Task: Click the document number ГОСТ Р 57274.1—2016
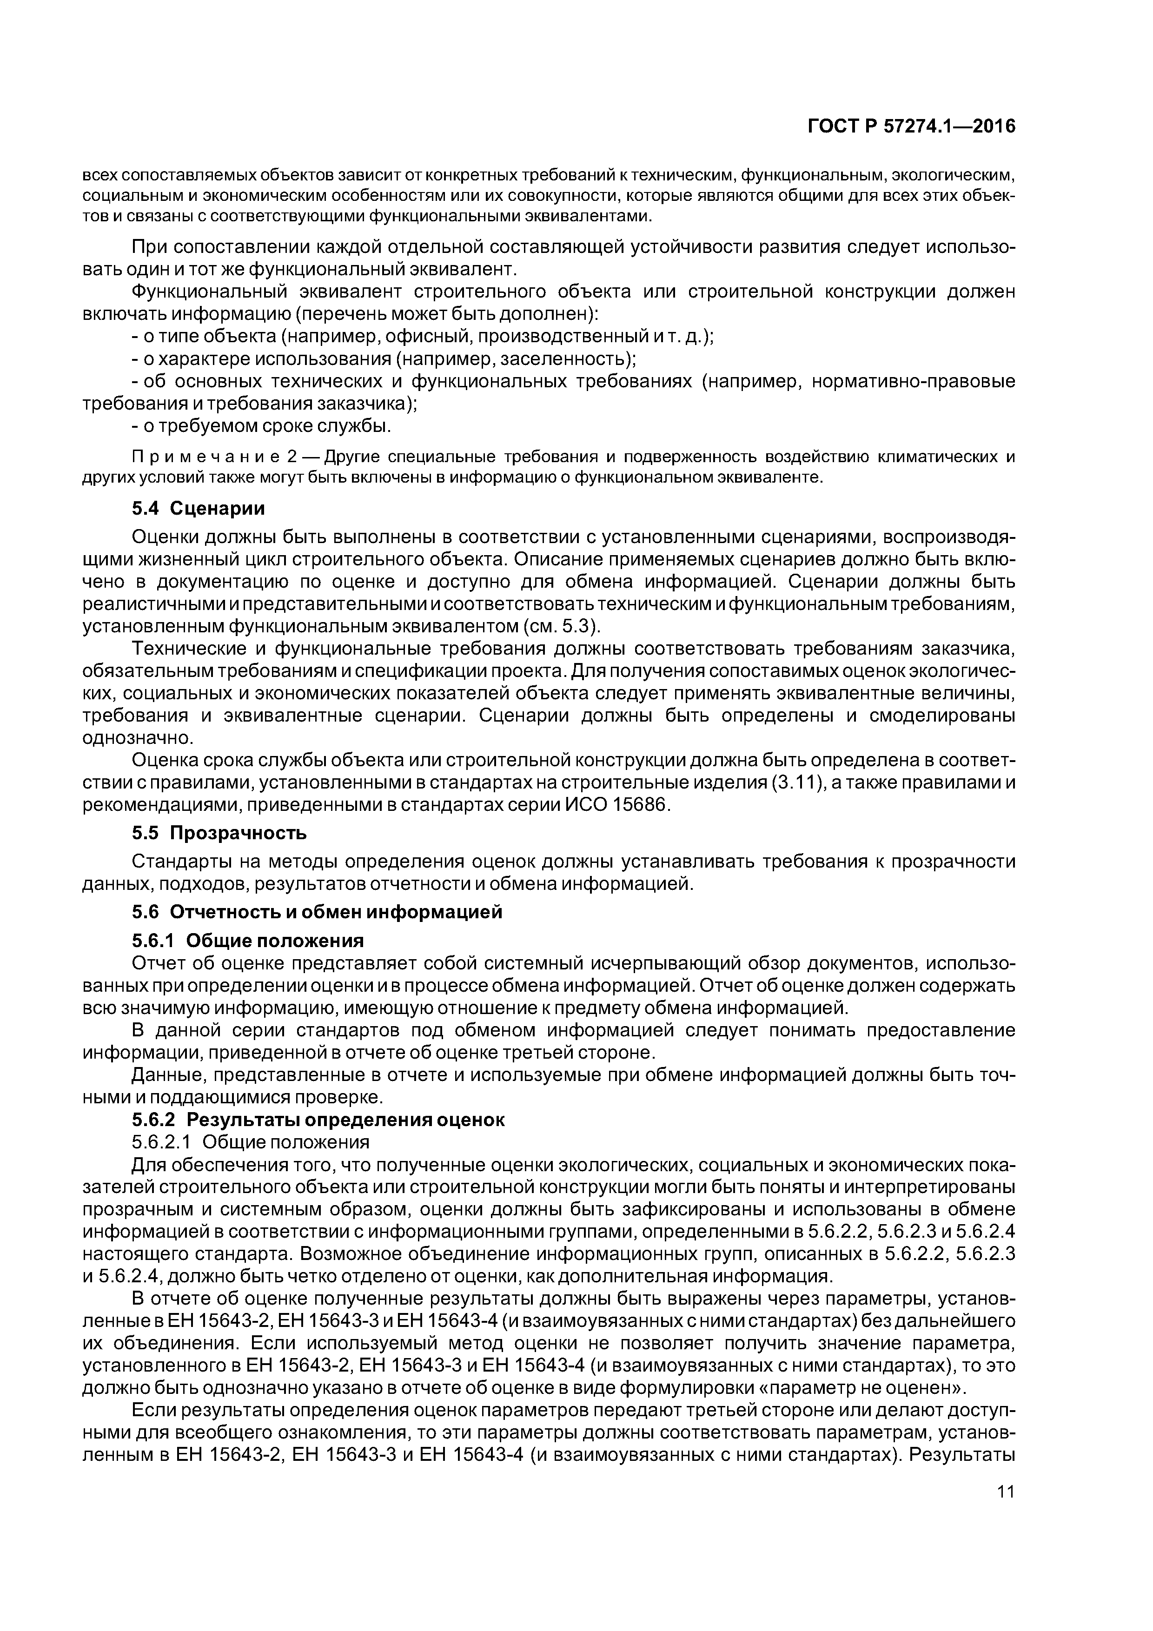click(911, 126)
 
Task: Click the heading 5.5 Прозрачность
click(219, 832)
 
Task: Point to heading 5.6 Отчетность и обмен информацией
click(317, 911)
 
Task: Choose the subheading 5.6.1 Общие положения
click(248, 941)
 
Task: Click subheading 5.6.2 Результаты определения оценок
click(318, 1120)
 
